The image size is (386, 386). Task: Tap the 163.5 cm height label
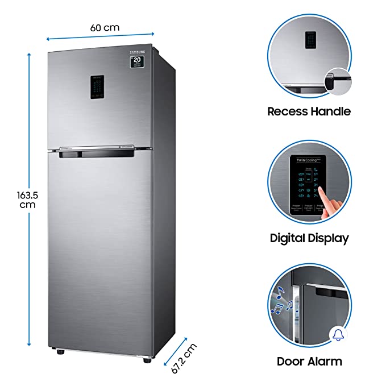[26, 200]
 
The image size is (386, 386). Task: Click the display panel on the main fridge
[98, 87]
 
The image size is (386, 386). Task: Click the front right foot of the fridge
[149, 359]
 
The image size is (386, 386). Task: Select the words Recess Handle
[309, 111]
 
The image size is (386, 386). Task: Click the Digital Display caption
[309, 238]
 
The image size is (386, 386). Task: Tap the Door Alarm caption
[309, 361]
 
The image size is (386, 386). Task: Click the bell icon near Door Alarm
[338, 334]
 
